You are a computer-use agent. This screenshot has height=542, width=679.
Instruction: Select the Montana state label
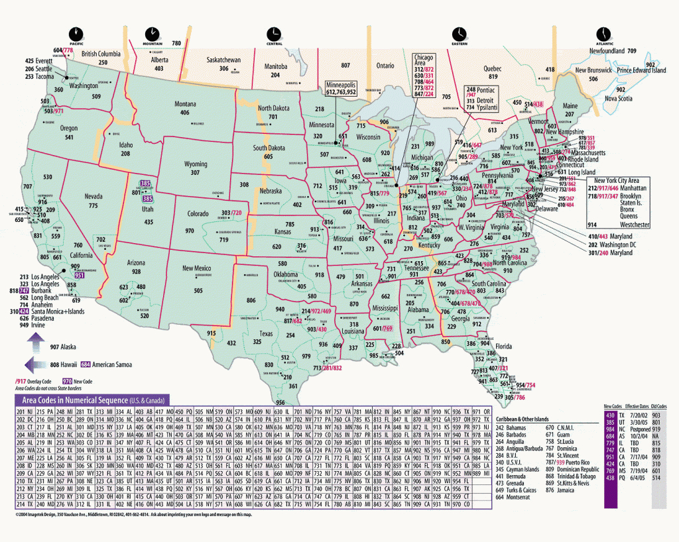point(185,104)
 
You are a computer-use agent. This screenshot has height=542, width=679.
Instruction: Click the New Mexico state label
point(196,268)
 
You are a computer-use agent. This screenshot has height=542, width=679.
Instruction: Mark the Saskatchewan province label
point(223,60)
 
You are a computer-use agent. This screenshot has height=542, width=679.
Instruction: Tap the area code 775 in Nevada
point(93,206)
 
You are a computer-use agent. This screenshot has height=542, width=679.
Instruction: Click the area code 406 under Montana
point(185,113)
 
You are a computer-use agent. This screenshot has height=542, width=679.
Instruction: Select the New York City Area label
point(617,180)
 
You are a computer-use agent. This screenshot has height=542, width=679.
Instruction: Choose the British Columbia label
point(101,54)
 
